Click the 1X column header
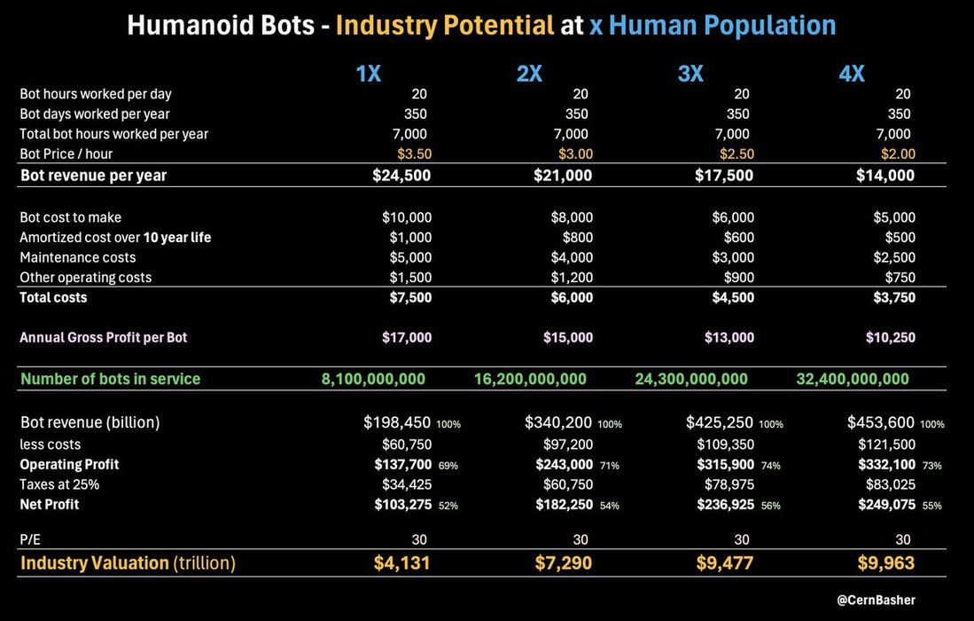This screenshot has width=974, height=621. click(368, 75)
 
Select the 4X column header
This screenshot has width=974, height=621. click(852, 75)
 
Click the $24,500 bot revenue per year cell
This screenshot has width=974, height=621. click(401, 176)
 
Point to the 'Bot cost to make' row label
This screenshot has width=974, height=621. click(71, 217)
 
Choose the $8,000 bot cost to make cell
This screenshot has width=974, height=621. click(568, 217)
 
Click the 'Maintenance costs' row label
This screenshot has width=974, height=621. click(78, 257)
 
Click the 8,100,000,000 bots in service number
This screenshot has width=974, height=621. click(373, 379)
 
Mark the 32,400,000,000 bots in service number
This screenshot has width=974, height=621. click(853, 379)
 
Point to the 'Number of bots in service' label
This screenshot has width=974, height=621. click(111, 379)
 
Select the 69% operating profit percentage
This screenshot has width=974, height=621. click(448, 466)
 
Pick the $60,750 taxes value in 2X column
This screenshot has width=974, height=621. click(568, 484)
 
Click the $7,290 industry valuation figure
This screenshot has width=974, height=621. click(563, 562)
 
